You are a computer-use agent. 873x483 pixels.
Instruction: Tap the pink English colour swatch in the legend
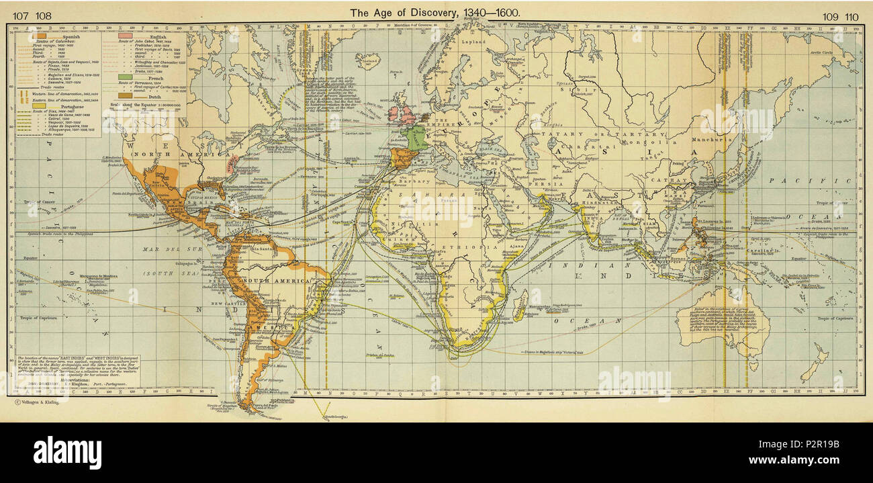124,34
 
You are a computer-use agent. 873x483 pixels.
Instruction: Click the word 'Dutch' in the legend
147,96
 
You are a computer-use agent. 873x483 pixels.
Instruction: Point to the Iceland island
367,62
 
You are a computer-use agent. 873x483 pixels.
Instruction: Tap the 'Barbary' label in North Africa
405,180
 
